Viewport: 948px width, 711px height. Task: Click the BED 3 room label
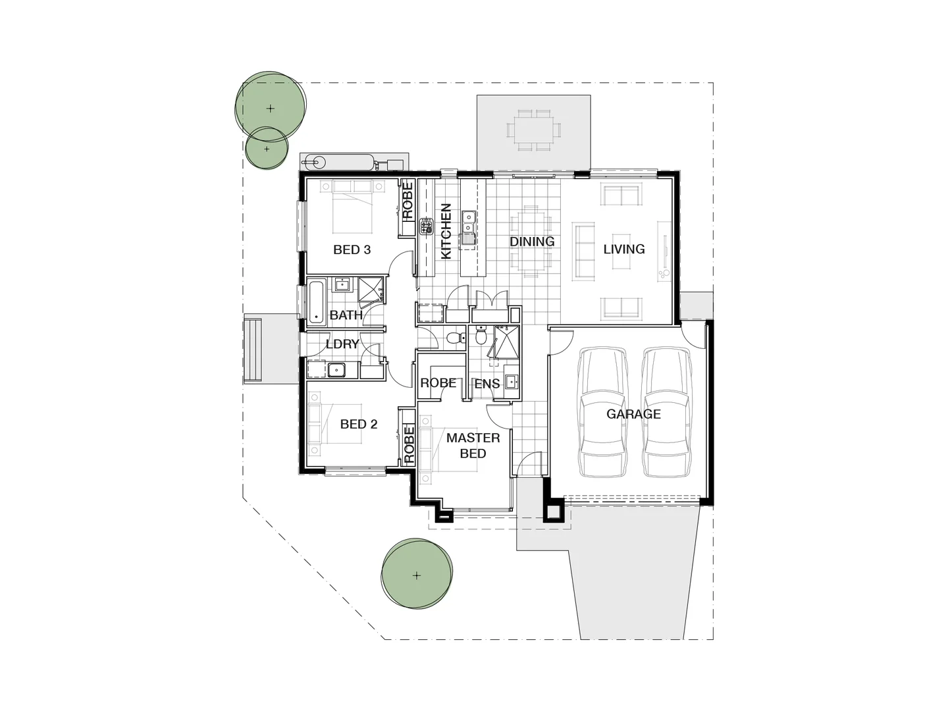point(352,250)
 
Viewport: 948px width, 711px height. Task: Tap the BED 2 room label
point(359,424)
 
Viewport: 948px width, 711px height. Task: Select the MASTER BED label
point(473,445)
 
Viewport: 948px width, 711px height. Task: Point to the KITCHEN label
point(446,231)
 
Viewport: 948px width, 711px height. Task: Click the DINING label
point(532,242)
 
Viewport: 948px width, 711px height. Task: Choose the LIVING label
point(624,249)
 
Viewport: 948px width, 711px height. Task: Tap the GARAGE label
point(633,414)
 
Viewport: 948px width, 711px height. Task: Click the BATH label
point(346,315)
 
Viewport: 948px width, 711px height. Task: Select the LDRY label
point(342,344)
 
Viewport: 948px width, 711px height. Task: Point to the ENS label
point(487,384)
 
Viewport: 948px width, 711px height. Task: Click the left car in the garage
point(602,412)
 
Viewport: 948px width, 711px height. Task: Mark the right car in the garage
point(667,412)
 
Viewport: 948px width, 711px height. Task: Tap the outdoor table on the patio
point(534,130)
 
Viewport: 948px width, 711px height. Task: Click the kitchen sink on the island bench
point(469,226)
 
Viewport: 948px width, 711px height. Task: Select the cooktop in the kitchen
point(426,227)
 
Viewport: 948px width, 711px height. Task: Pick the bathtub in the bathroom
point(317,303)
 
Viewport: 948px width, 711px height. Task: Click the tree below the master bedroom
point(417,575)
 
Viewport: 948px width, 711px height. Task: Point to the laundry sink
point(336,370)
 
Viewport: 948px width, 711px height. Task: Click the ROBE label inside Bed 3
point(408,200)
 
